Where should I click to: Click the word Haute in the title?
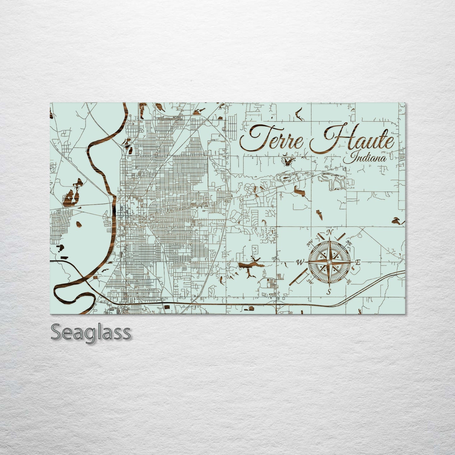click(x=352, y=140)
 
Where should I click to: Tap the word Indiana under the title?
click(x=365, y=157)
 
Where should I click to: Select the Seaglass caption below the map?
click(x=90, y=332)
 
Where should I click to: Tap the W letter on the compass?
click(x=300, y=262)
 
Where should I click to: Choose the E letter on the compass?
click(x=358, y=262)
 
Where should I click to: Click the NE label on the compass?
click(x=349, y=242)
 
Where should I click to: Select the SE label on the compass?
click(x=349, y=281)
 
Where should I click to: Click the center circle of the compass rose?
click(x=329, y=262)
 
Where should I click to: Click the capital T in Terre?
click(x=252, y=137)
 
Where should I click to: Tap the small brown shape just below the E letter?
click(x=353, y=268)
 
